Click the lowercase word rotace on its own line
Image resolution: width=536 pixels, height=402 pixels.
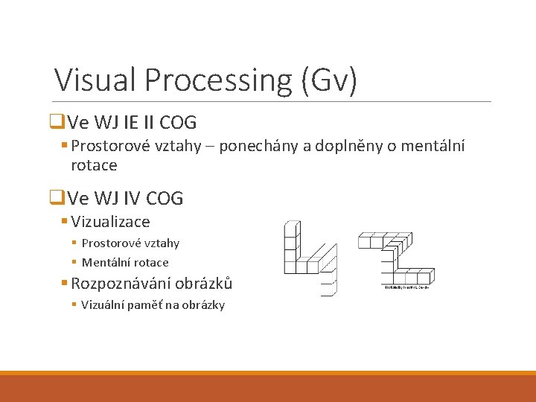point(94,165)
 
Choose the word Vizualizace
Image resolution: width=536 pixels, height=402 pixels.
point(111,222)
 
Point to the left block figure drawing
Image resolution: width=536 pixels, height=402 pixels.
point(307,258)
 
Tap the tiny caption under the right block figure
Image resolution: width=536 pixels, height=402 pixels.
point(406,287)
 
